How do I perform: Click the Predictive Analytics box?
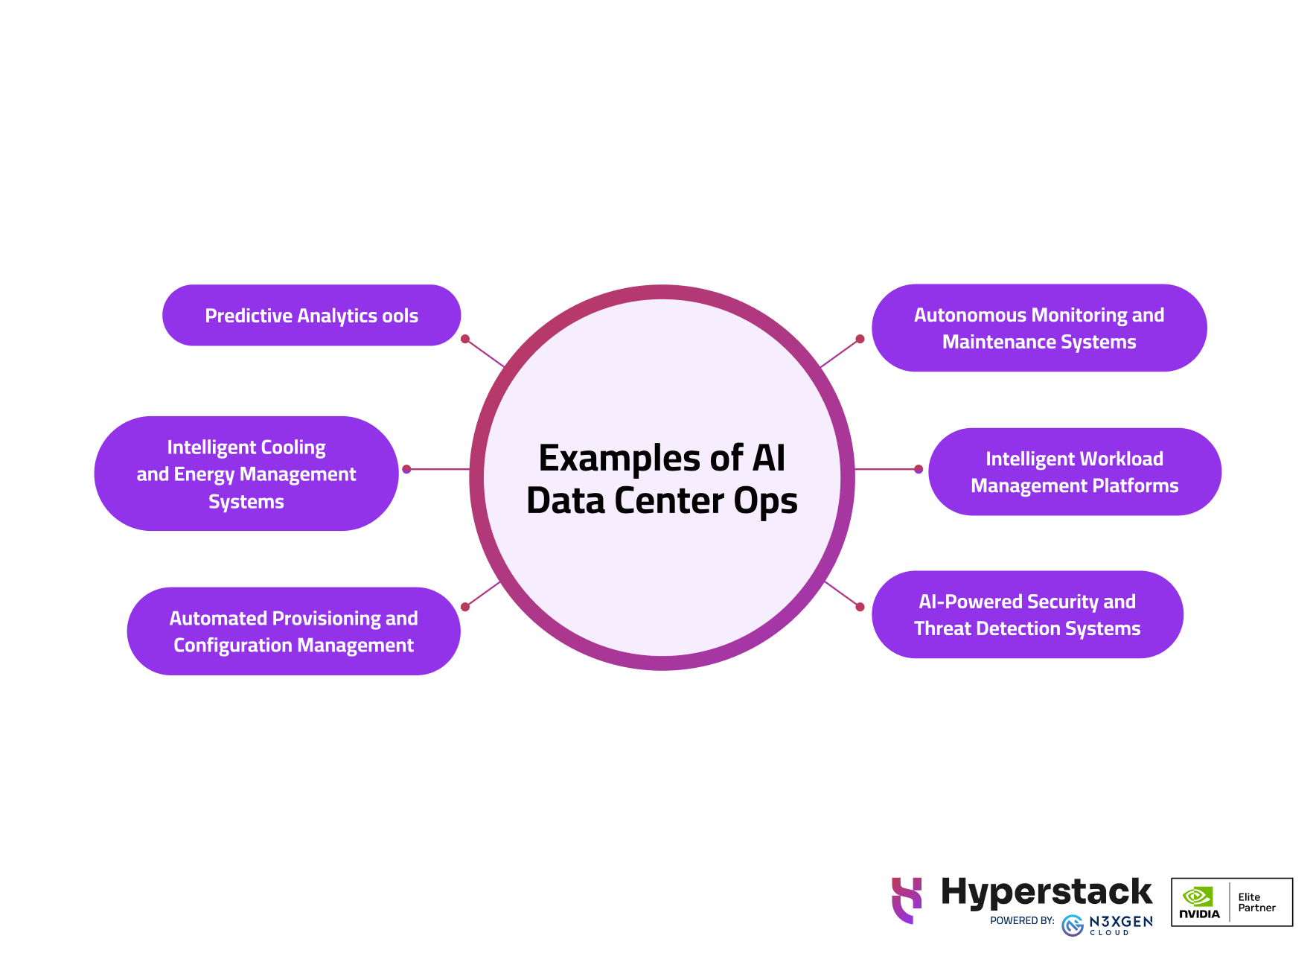click(311, 316)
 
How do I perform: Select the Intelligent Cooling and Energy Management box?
click(246, 474)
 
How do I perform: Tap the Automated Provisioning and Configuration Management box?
click(293, 631)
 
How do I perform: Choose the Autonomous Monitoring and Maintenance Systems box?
click(1039, 328)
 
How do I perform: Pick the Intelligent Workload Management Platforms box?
click(1074, 472)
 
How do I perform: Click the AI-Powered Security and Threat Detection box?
click(1027, 615)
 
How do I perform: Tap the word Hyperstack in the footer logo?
click(1047, 892)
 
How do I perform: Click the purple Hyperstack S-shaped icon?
click(907, 900)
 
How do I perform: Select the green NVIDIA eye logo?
click(1198, 896)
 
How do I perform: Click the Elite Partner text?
click(1256, 902)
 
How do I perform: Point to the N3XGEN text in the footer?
click(1120, 921)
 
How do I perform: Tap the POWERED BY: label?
click(1022, 921)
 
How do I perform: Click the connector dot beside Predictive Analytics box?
click(465, 339)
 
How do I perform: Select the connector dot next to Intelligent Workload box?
click(919, 469)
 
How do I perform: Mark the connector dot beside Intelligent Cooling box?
click(406, 469)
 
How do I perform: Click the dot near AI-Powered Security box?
click(860, 607)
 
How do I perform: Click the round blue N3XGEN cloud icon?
click(1073, 925)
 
